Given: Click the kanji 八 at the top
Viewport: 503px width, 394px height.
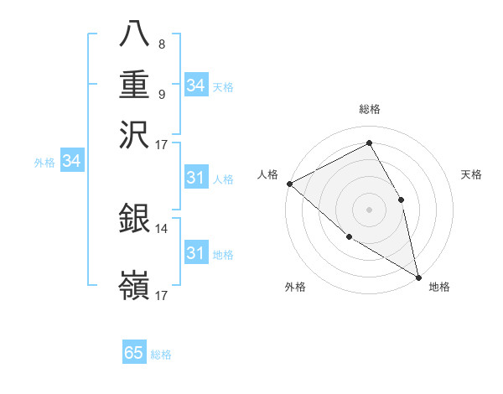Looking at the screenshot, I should [135, 34].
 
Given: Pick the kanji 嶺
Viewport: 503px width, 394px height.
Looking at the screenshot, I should [135, 286].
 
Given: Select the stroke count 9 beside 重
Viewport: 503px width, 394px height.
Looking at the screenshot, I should [162, 94].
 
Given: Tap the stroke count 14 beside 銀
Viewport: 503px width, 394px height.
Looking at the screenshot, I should [162, 227].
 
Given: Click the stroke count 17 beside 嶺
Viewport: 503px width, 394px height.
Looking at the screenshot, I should [162, 295].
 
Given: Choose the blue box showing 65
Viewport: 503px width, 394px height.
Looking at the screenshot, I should [134, 353].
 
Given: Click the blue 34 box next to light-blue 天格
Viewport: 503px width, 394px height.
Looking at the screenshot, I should [195, 85].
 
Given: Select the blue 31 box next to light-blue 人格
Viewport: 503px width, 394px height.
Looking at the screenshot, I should [195, 178].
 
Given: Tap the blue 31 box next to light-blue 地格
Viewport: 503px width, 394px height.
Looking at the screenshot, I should [195, 253].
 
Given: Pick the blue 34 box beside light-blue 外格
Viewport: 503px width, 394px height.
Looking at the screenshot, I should [71, 161].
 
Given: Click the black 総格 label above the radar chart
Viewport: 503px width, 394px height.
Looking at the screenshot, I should [370, 109].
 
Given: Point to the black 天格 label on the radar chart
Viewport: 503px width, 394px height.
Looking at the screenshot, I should [472, 174].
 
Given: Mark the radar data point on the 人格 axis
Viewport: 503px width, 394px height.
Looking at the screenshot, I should [289, 184].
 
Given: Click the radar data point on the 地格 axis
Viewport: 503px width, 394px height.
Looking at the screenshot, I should [418, 276].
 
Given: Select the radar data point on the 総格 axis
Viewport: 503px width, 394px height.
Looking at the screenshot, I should [370, 143].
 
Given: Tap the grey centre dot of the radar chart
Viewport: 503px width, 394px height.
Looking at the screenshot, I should [370, 209].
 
